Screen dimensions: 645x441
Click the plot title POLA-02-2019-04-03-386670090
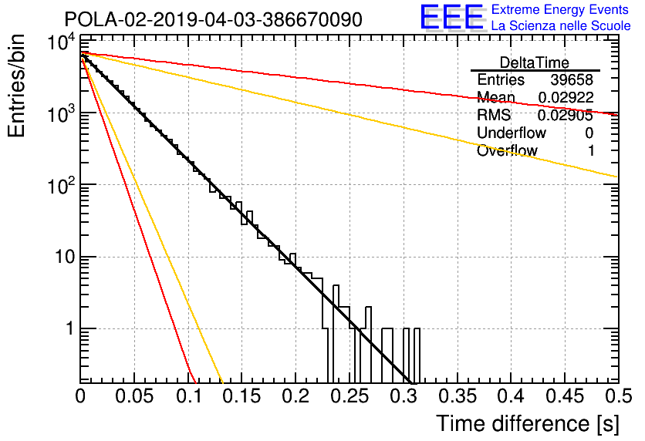coord(214,19)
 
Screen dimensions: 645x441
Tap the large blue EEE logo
coord(451,17)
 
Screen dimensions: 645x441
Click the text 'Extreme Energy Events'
coord(560,9)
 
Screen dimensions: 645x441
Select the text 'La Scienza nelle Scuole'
coord(561,25)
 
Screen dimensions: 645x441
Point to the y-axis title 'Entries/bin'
coord(16,86)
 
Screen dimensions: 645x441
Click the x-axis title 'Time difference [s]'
coord(528,424)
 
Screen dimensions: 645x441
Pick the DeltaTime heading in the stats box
coord(535,63)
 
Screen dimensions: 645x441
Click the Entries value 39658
coord(572,79)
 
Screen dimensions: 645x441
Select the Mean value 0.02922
coord(566,97)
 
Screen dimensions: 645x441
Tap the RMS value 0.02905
coord(566,115)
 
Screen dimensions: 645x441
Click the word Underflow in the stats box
coord(512,133)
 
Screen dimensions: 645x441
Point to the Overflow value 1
coord(591,151)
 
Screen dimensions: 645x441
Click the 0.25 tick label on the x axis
coord(350,396)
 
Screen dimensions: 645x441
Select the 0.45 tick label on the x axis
coord(565,396)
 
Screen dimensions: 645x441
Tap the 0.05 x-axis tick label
coord(134,396)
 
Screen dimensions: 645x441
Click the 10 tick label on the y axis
coord(65,258)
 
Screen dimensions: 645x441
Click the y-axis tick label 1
coord(70,328)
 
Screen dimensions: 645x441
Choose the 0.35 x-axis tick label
coord(457,396)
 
